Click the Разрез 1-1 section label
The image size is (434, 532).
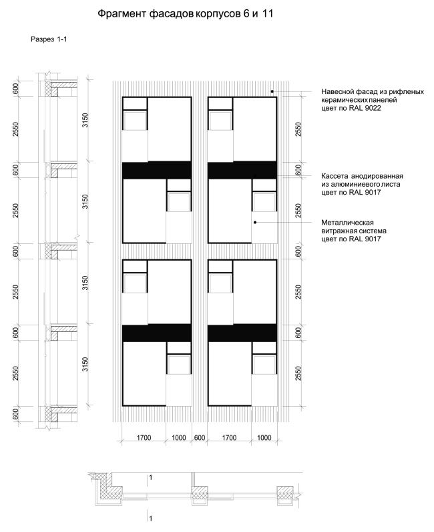49,39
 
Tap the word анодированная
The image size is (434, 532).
377,176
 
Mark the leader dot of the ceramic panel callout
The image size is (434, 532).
272,91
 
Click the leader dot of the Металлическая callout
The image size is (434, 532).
255,223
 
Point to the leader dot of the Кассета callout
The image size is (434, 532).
255,176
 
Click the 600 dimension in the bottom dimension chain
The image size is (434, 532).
200,438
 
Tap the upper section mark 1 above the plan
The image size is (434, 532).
150,478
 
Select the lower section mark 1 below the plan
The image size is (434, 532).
150,519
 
